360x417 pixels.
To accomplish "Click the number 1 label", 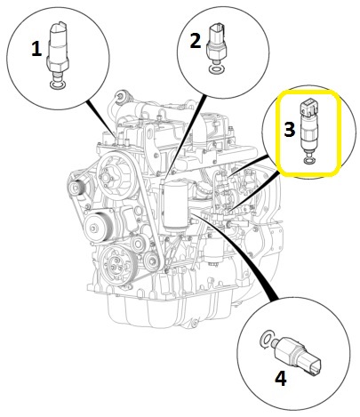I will tap(36, 50).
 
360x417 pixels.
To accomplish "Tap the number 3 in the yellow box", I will tap(289, 128).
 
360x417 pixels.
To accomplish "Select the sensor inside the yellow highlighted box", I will tap(308, 129).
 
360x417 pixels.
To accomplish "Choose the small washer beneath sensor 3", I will tap(308, 162).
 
